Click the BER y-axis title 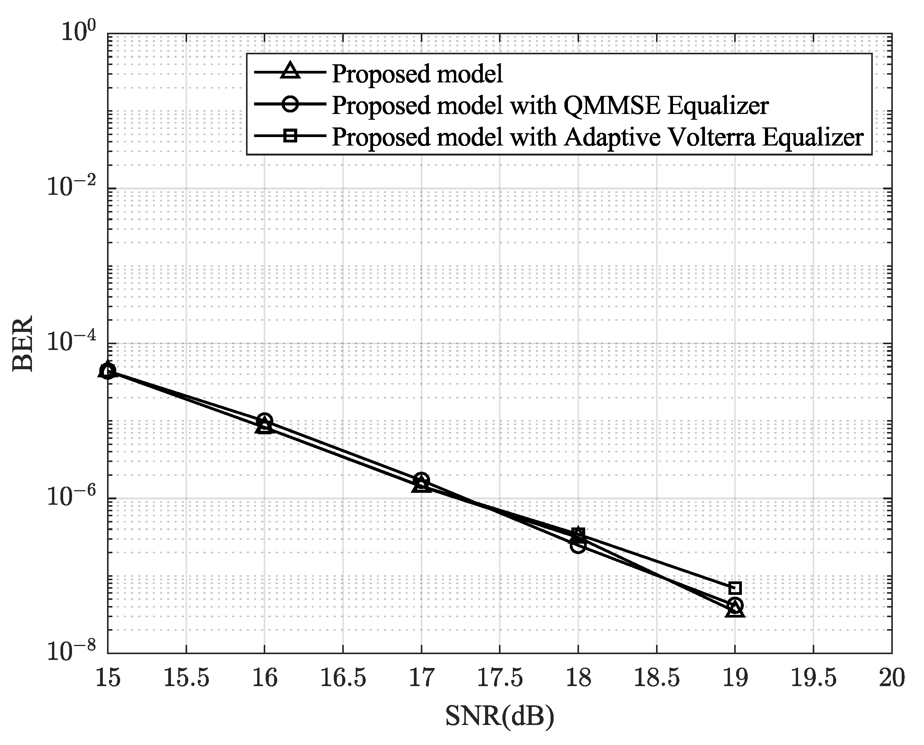[22, 344]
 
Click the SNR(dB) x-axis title [500, 716]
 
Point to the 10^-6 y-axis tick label [71, 497]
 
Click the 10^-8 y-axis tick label [71, 651]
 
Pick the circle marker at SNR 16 [264, 421]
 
